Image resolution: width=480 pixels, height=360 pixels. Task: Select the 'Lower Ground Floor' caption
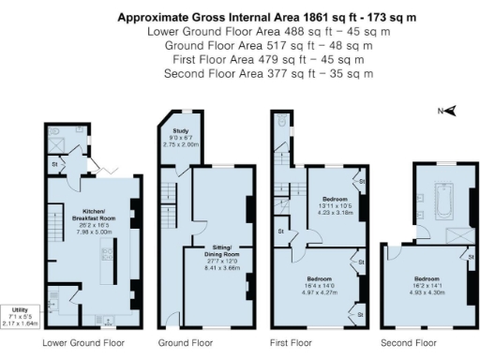83,344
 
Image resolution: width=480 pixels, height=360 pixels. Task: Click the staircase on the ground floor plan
169,196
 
